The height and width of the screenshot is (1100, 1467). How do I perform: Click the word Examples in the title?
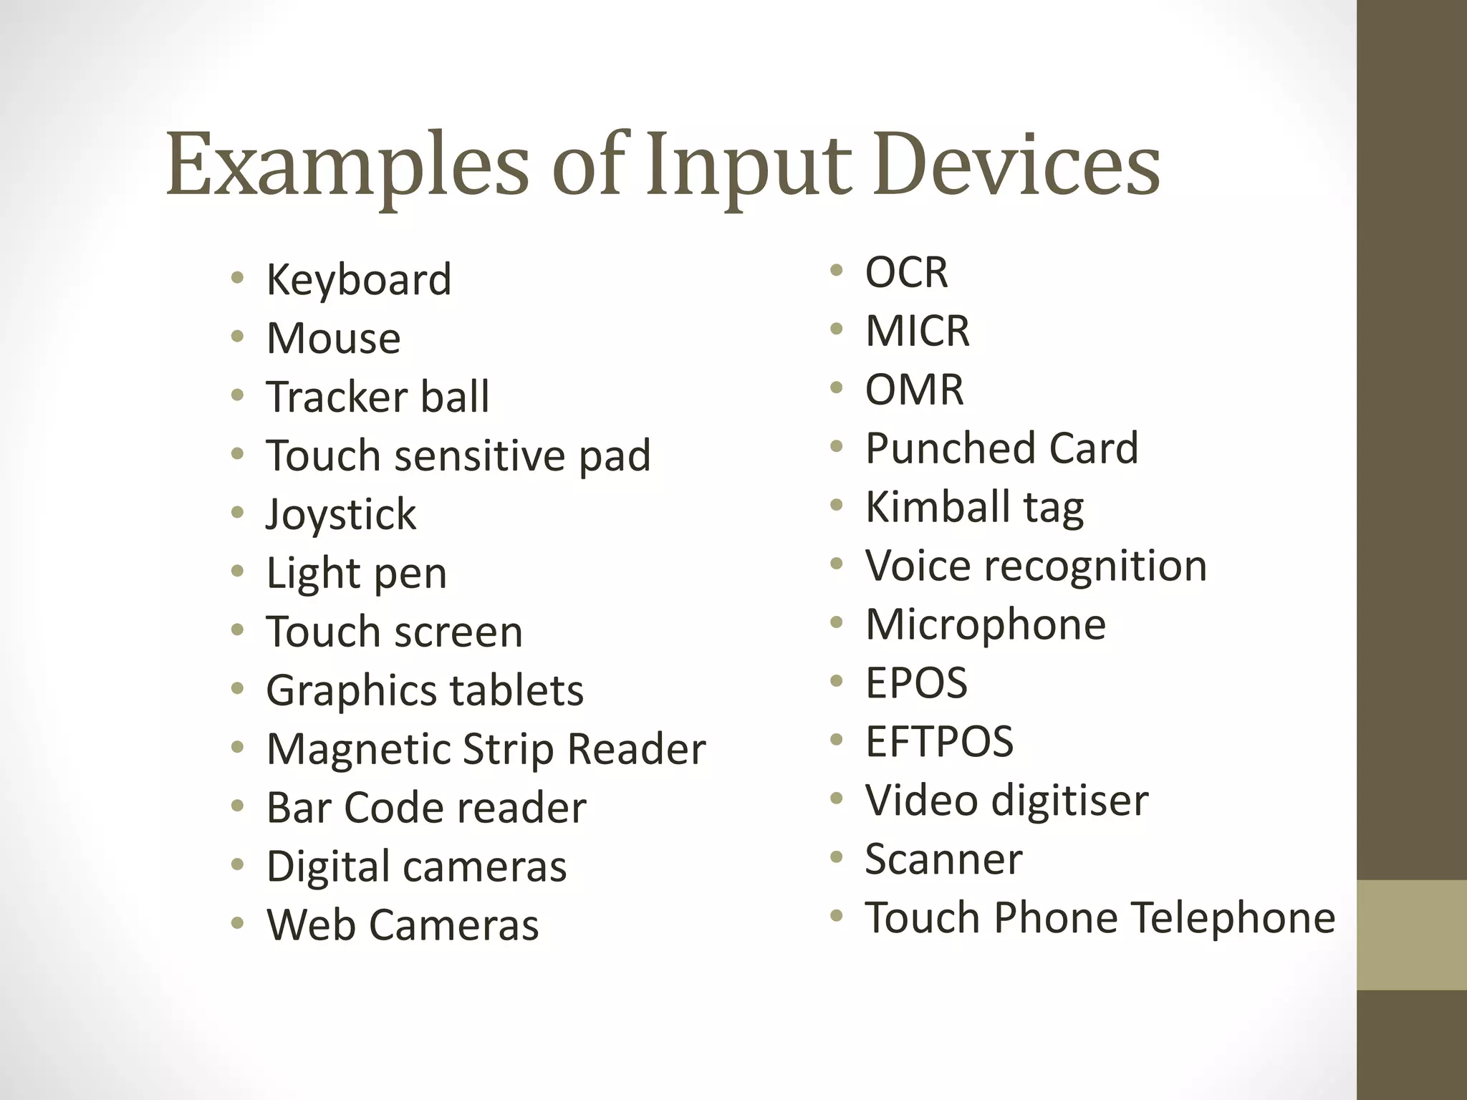[x=347, y=167]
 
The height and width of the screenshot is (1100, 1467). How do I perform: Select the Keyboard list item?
[x=359, y=279]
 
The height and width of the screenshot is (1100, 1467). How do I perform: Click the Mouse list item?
[x=333, y=338]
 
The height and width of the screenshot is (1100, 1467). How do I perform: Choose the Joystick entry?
[x=341, y=514]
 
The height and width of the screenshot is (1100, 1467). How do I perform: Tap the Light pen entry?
[x=357, y=573]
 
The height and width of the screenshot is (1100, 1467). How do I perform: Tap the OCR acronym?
[x=906, y=272]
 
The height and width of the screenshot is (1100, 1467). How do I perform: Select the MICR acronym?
[x=917, y=331]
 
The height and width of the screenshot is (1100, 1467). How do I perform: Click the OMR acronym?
[x=914, y=390]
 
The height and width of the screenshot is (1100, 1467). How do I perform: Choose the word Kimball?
[x=938, y=507]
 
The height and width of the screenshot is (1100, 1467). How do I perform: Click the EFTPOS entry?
[x=939, y=742]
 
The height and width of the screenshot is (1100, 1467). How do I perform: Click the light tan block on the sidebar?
[x=1411, y=935]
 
